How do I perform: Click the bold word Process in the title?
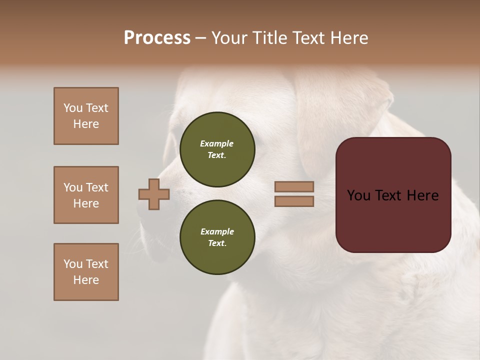point(157,38)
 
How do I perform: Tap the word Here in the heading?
point(348,38)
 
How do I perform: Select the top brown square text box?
point(86,116)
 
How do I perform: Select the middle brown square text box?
point(86,195)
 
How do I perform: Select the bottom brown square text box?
point(86,272)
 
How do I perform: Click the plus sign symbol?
point(154,194)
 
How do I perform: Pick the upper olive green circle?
point(217,149)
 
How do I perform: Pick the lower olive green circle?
point(217,237)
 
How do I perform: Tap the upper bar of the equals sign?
point(294,187)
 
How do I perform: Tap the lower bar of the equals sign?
point(294,201)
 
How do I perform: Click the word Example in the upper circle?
point(217,143)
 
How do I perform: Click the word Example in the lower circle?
point(217,231)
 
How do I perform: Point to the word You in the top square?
point(72,108)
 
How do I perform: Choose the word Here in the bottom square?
point(86,280)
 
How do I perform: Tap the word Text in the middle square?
point(96,187)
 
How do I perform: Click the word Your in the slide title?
point(229,38)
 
